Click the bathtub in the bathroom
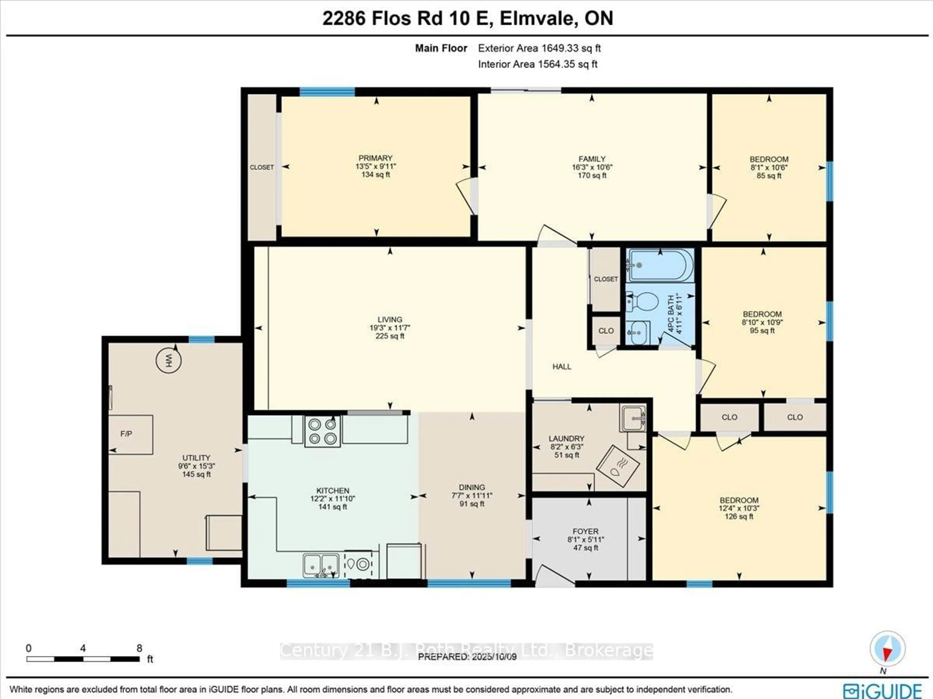[x=660, y=265]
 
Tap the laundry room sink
[x=633, y=418]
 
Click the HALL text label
[x=562, y=367]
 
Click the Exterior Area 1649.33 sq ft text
[x=539, y=48]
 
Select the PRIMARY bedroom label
[x=375, y=158]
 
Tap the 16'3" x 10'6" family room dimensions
[x=592, y=167]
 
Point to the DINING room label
[x=472, y=487]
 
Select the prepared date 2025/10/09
[x=467, y=657]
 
